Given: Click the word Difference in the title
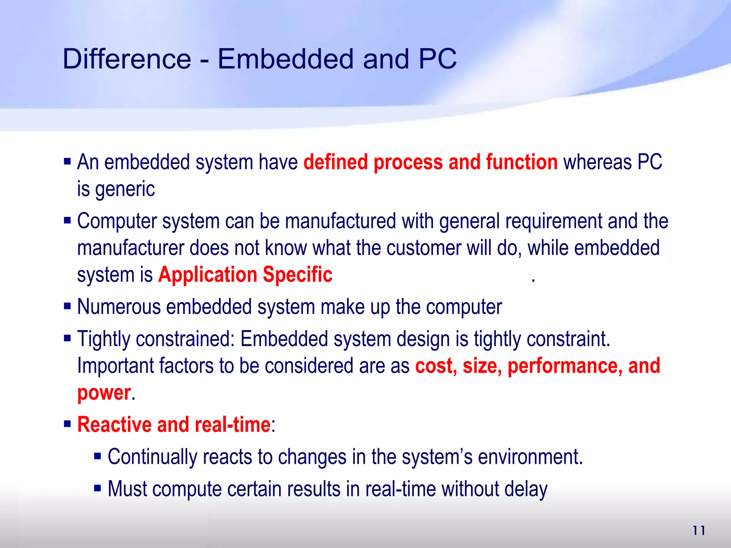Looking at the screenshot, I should click(127, 59).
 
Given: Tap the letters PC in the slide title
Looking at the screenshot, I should click(438, 59).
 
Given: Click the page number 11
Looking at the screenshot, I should click(699, 531).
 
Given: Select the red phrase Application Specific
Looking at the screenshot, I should click(245, 275).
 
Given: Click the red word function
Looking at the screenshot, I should click(521, 162).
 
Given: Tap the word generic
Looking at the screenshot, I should click(125, 189).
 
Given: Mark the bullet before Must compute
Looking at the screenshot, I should click(98, 488).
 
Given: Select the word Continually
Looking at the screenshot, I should click(152, 457).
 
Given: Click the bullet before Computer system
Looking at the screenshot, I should click(67, 220).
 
